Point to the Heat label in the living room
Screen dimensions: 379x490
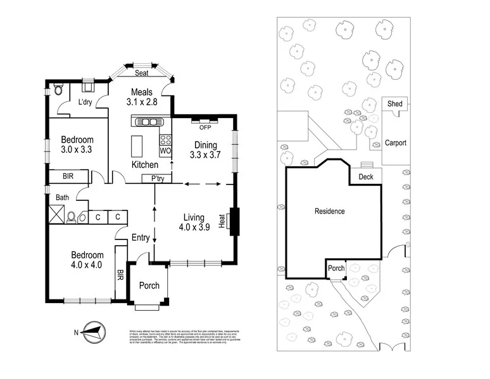[x=222, y=222]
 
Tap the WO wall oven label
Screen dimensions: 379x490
[x=165, y=152]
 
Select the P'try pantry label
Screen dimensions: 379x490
[x=158, y=179]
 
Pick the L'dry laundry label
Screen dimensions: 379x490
[x=85, y=102]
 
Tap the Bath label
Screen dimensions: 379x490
[x=62, y=197]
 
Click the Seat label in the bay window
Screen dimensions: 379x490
[x=141, y=73]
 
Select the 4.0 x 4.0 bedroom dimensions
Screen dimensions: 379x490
[x=85, y=265]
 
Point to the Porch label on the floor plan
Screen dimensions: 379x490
[x=149, y=286]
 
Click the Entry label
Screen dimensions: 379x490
[x=140, y=238]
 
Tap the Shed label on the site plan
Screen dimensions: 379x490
[x=396, y=104]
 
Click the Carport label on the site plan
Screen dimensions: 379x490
[x=396, y=143]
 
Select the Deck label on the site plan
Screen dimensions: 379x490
[x=366, y=177]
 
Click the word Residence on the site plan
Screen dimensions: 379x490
[x=330, y=211]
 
